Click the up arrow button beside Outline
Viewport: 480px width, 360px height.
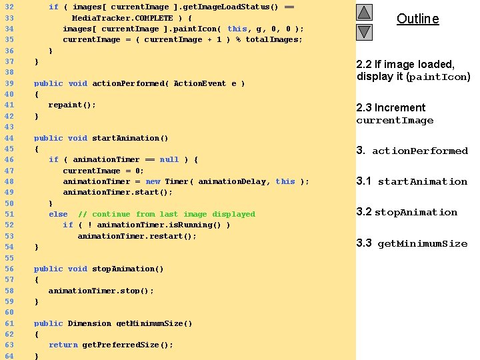(x=364, y=12)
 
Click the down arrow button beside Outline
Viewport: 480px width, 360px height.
(x=364, y=31)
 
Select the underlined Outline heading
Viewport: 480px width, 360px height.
(x=417, y=19)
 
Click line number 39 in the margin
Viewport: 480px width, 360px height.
(x=9, y=83)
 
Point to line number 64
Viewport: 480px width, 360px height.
(x=9, y=356)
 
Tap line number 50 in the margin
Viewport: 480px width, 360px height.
(x=9, y=203)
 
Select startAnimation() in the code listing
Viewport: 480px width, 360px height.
(x=130, y=138)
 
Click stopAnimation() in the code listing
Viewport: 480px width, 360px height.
(x=127, y=269)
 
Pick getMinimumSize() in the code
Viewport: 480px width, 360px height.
(x=154, y=323)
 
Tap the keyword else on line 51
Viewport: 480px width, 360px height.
(x=58, y=214)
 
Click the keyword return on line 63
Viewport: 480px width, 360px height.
(x=63, y=345)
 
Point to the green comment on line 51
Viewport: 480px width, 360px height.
(x=167, y=214)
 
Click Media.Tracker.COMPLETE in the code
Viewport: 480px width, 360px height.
(x=122, y=18)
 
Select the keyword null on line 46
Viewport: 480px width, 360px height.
(x=169, y=159)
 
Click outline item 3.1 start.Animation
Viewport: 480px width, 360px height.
(x=411, y=181)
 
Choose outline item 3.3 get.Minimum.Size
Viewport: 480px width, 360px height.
(x=411, y=243)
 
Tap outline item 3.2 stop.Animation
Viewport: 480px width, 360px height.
(x=407, y=212)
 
